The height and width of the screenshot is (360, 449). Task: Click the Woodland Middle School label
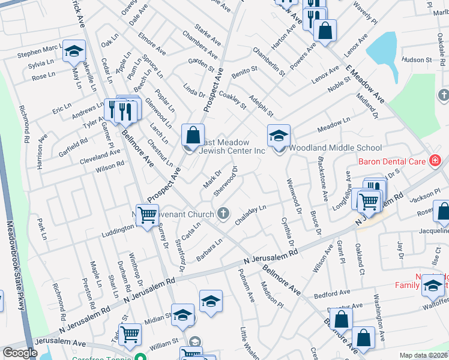click(336, 148)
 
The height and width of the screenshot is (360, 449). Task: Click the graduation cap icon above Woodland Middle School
click(279, 136)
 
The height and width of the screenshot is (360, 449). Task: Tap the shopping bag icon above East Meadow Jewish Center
click(193, 136)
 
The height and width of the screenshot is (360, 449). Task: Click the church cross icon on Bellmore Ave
click(223, 213)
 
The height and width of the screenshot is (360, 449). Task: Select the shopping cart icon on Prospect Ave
click(147, 215)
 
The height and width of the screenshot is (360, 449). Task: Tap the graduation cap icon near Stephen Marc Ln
click(74, 52)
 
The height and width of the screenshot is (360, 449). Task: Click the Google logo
click(20, 353)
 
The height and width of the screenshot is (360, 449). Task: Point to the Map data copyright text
click(423, 355)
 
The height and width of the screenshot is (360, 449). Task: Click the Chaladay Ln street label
click(250, 215)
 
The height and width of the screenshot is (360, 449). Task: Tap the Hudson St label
click(417, 60)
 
